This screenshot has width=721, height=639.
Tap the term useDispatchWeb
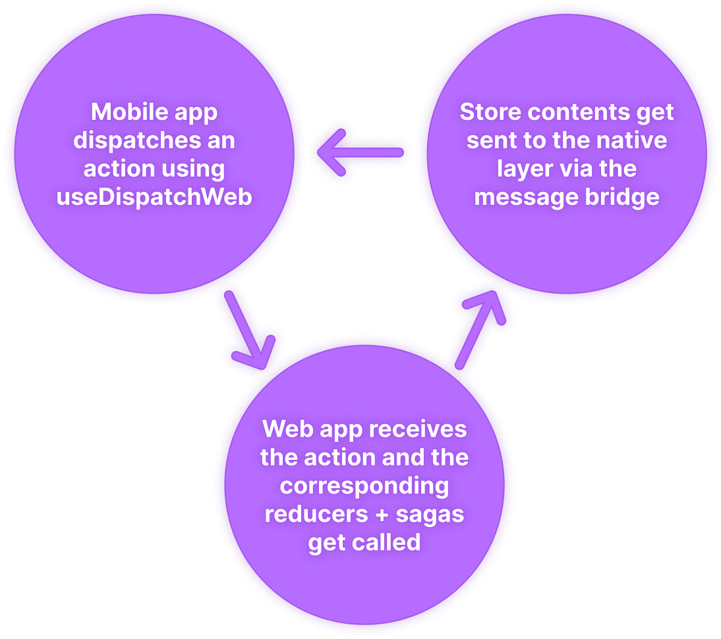[x=154, y=197]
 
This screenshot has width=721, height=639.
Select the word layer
[x=525, y=169]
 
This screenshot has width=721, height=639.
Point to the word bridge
[x=621, y=197]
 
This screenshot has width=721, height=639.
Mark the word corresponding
[x=364, y=486]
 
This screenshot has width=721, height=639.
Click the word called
[x=389, y=543]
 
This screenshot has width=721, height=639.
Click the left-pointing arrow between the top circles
[x=360, y=153]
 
